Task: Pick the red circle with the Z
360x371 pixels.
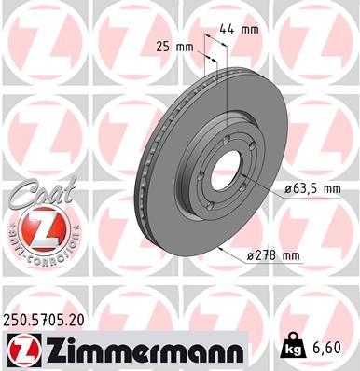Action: pos(36,227)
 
